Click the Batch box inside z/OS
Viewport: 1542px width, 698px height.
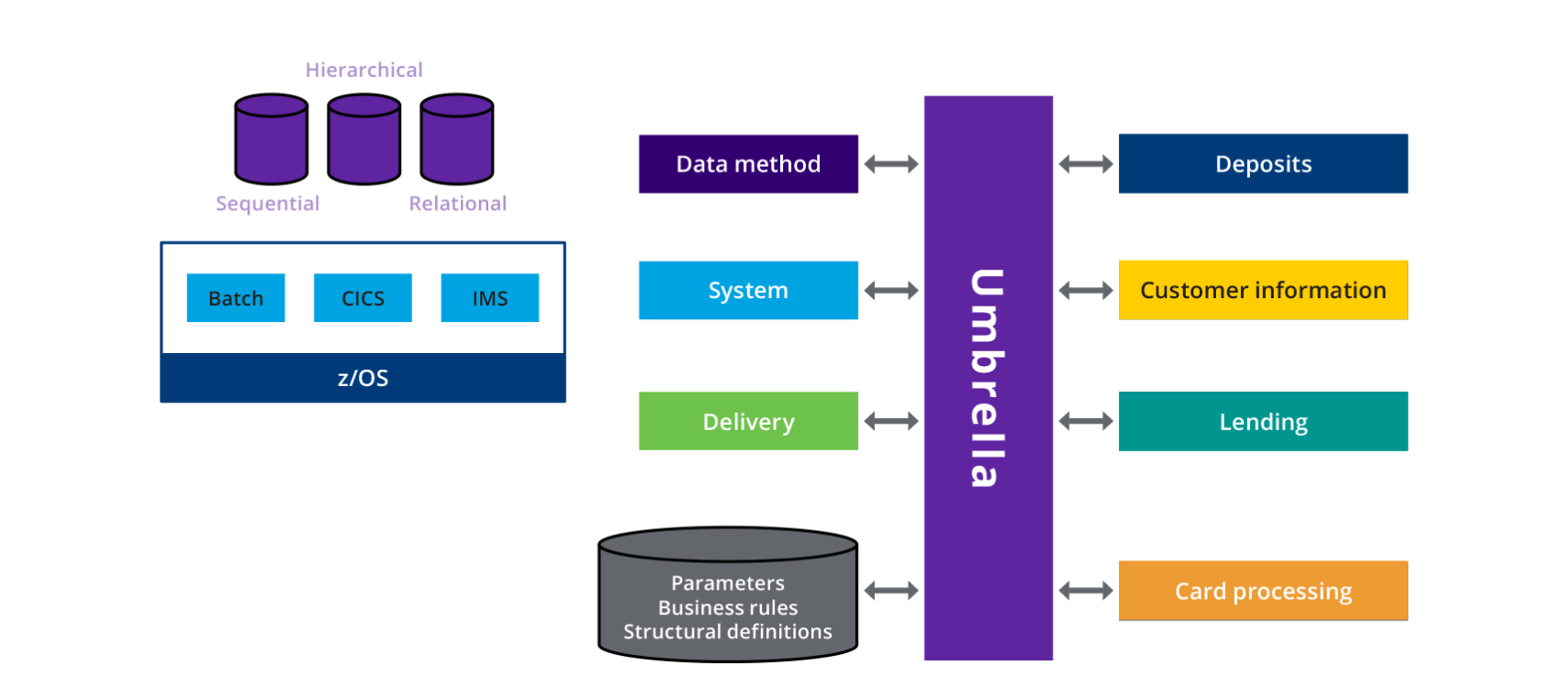pyautogui.click(x=236, y=298)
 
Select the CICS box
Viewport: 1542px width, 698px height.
pyautogui.click(x=363, y=298)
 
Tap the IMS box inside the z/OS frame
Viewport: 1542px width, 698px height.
pyautogui.click(x=490, y=298)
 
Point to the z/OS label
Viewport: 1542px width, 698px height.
pyautogui.click(x=363, y=378)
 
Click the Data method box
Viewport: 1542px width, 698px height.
pyautogui.click(x=748, y=164)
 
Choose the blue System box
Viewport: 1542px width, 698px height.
pyautogui.click(x=748, y=291)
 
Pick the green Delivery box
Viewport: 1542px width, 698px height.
pyautogui.click(x=748, y=421)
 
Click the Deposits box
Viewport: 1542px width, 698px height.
pyautogui.click(x=1263, y=164)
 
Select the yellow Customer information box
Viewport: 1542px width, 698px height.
pyautogui.click(x=1263, y=290)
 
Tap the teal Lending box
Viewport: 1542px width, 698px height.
pyautogui.click(x=1263, y=422)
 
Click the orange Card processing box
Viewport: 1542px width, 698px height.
pyautogui.click(x=1263, y=591)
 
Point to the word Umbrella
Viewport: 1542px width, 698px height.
pyautogui.click(x=988, y=378)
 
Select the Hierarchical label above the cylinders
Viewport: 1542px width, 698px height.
pyautogui.click(x=364, y=70)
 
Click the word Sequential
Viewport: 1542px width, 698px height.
pyautogui.click(x=267, y=204)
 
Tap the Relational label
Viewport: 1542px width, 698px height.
pyautogui.click(x=457, y=204)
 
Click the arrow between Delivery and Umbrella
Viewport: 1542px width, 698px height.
pyautogui.click(x=891, y=421)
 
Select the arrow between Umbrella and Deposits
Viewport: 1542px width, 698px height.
pyautogui.click(x=1086, y=164)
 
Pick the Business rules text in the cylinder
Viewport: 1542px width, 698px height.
pyautogui.click(x=728, y=607)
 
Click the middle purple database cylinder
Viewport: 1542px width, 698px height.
pyautogui.click(x=364, y=139)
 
